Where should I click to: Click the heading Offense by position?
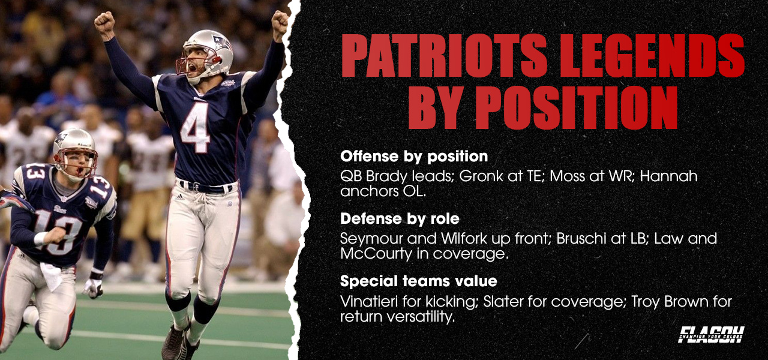pos(414,157)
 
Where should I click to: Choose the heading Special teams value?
pos(419,281)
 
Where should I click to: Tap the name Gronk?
pos(454,177)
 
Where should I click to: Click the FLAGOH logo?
pos(711,334)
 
